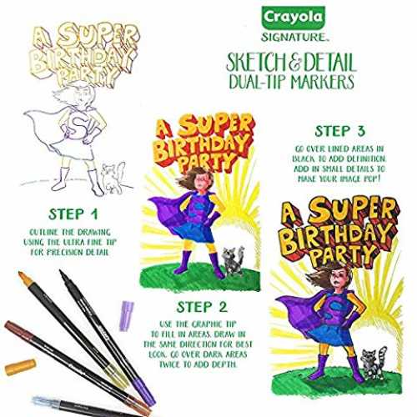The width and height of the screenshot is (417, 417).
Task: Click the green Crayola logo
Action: pyautogui.click(x=293, y=18)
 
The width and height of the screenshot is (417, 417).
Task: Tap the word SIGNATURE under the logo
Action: pyautogui.click(x=294, y=37)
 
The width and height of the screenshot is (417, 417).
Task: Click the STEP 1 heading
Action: pyautogui.click(x=73, y=214)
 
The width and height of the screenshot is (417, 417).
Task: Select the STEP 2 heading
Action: pyautogui.click(x=202, y=307)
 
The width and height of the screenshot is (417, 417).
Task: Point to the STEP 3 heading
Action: pyautogui.click(x=339, y=131)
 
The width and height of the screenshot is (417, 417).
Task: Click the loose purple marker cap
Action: pyautogui.click(x=126, y=316)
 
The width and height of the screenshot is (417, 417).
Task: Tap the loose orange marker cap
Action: pyautogui.click(x=20, y=367)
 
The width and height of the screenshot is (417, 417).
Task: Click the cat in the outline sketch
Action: pyautogui.click(x=113, y=178)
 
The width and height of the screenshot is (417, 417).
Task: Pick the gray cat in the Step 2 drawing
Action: pyautogui.click(x=233, y=260)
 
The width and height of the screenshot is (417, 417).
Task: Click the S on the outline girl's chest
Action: pyautogui.click(x=76, y=124)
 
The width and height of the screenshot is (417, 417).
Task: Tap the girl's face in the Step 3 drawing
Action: pyautogui.click(x=342, y=278)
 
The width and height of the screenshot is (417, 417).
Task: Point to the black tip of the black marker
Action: pyautogui.click(x=63, y=274)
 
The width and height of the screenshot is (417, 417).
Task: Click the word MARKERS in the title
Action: pyautogui.click(x=322, y=82)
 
